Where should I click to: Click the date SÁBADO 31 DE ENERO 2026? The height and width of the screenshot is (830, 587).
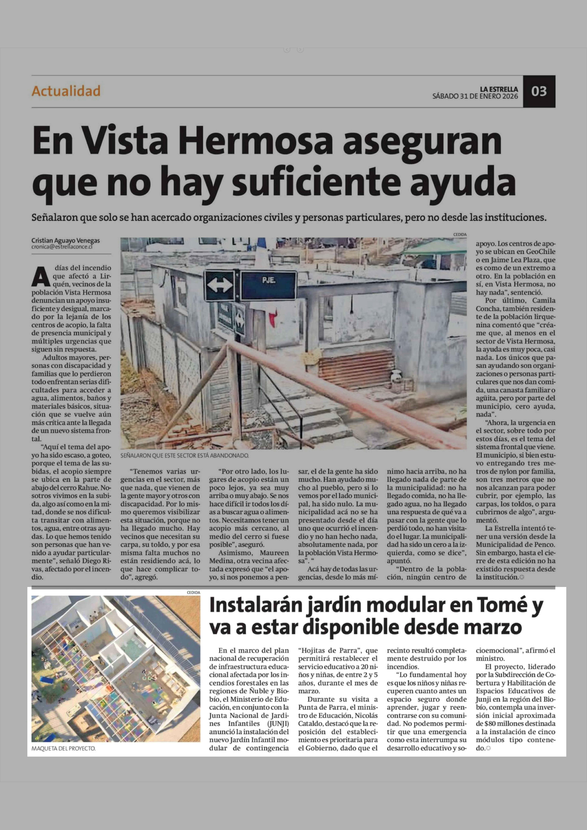(475, 96)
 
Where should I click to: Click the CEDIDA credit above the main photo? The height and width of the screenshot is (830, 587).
(460, 235)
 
